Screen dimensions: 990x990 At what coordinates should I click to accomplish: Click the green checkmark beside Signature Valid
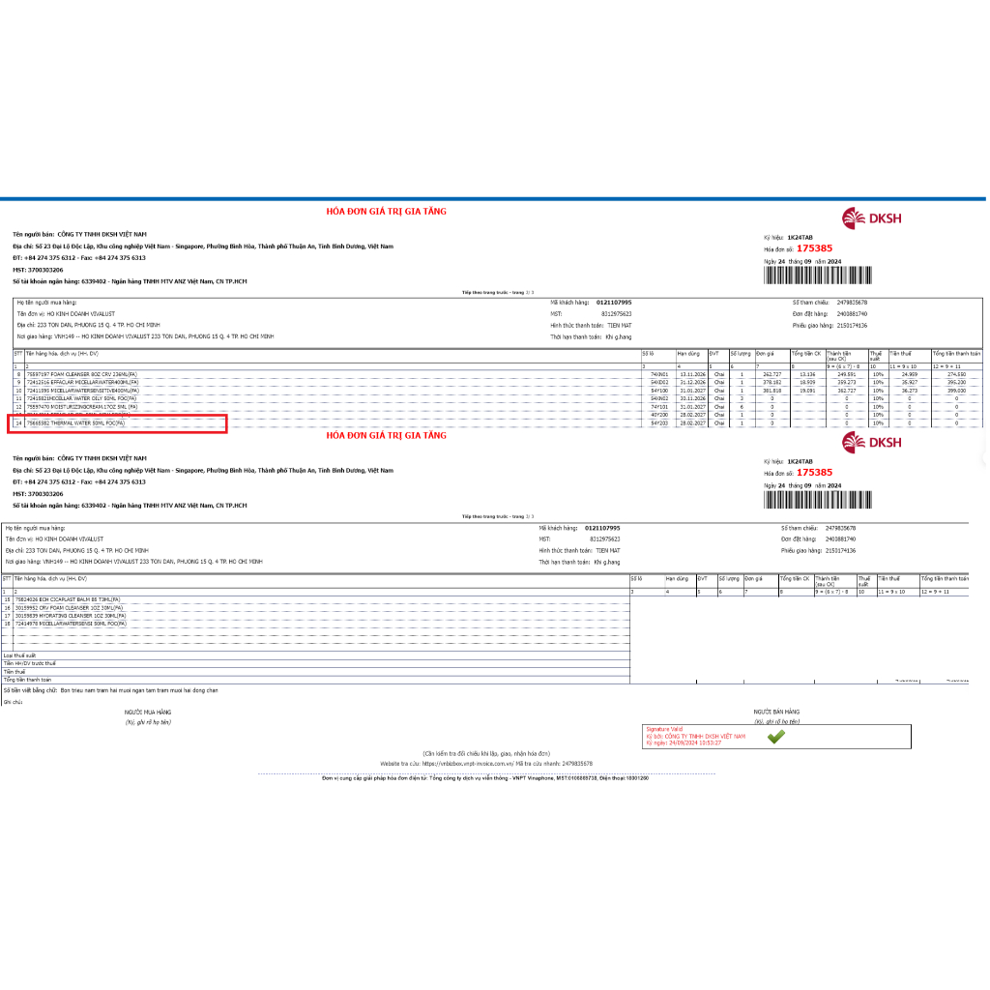pos(775,737)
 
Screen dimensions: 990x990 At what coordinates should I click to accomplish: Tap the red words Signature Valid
pos(664,730)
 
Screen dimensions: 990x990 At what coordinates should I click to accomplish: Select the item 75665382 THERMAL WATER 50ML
pos(78,422)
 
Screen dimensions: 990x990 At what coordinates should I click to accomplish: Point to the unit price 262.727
pos(772,374)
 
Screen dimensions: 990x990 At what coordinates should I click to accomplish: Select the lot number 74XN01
pos(659,374)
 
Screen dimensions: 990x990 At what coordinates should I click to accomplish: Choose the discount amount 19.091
pos(807,390)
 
